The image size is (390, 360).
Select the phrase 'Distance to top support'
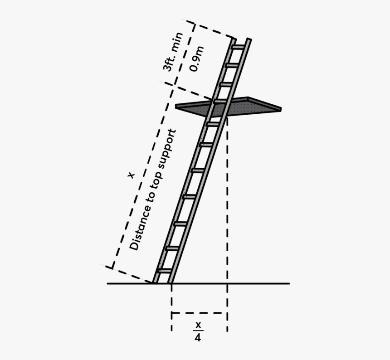pos(152,190)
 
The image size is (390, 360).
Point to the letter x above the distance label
pos(131,175)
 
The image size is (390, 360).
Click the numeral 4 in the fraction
pos(197,338)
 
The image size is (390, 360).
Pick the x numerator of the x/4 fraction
pos(197,325)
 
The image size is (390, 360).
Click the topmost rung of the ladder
pos(238,47)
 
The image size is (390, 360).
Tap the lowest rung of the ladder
pos(164,271)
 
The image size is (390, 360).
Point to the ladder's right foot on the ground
pos(171,282)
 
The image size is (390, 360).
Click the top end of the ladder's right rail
pos(249,40)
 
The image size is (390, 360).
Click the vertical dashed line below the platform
pos(227,204)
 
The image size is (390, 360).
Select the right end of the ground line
pos(288,284)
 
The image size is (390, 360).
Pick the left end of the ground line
pos(108,284)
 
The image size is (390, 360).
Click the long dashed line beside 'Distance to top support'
pos(141,177)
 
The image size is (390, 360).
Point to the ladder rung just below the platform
pos(213,123)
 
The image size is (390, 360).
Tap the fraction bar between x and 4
pos(197,331)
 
